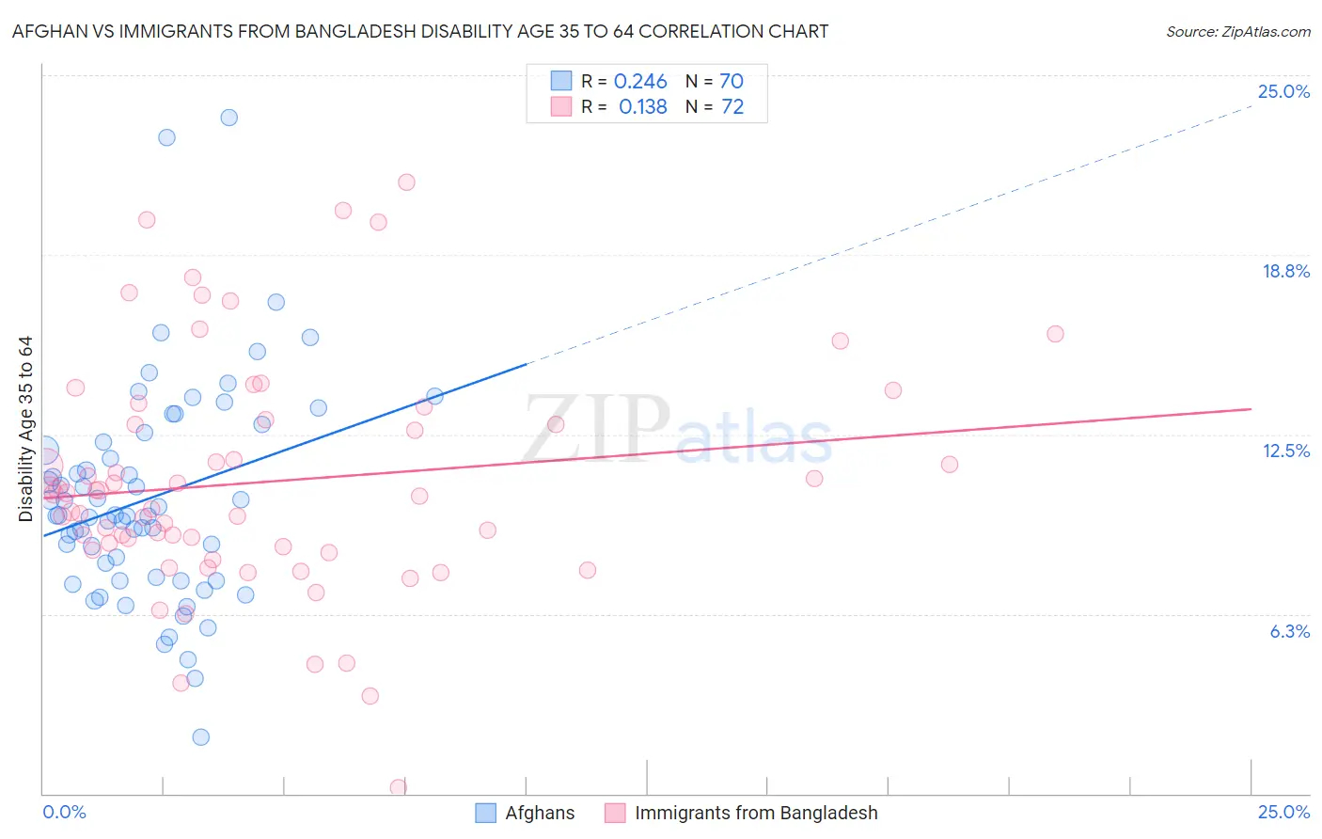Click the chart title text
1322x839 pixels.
(x=420, y=31)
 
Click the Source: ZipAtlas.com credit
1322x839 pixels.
(x=1237, y=31)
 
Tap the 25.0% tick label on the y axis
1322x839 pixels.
(x=1283, y=91)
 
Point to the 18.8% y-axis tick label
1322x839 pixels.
(x=1285, y=271)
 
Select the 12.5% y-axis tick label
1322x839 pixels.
(x=1285, y=451)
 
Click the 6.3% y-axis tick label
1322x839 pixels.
(x=1289, y=631)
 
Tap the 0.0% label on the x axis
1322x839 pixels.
(x=64, y=812)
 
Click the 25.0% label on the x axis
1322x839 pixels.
(x=1283, y=812)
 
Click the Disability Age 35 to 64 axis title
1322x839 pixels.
(x=25, y=429)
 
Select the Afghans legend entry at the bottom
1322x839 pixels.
(x=539, y=813)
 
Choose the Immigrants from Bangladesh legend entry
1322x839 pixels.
(x=755, y=813)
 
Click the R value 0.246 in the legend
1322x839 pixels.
(x=640, y=82)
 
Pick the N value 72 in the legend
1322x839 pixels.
(x=732, y=107)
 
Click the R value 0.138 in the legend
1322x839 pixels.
(x=643, y=107)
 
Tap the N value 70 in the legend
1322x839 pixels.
(x=732, y=82)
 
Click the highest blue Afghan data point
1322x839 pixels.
(x=228, y=118)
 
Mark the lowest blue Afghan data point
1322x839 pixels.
(x=200, y=737)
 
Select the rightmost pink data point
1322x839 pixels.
(x=1055, y=334)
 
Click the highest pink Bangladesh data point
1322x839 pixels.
(x=406, y=182)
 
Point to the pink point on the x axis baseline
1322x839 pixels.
(x=399, y=787)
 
